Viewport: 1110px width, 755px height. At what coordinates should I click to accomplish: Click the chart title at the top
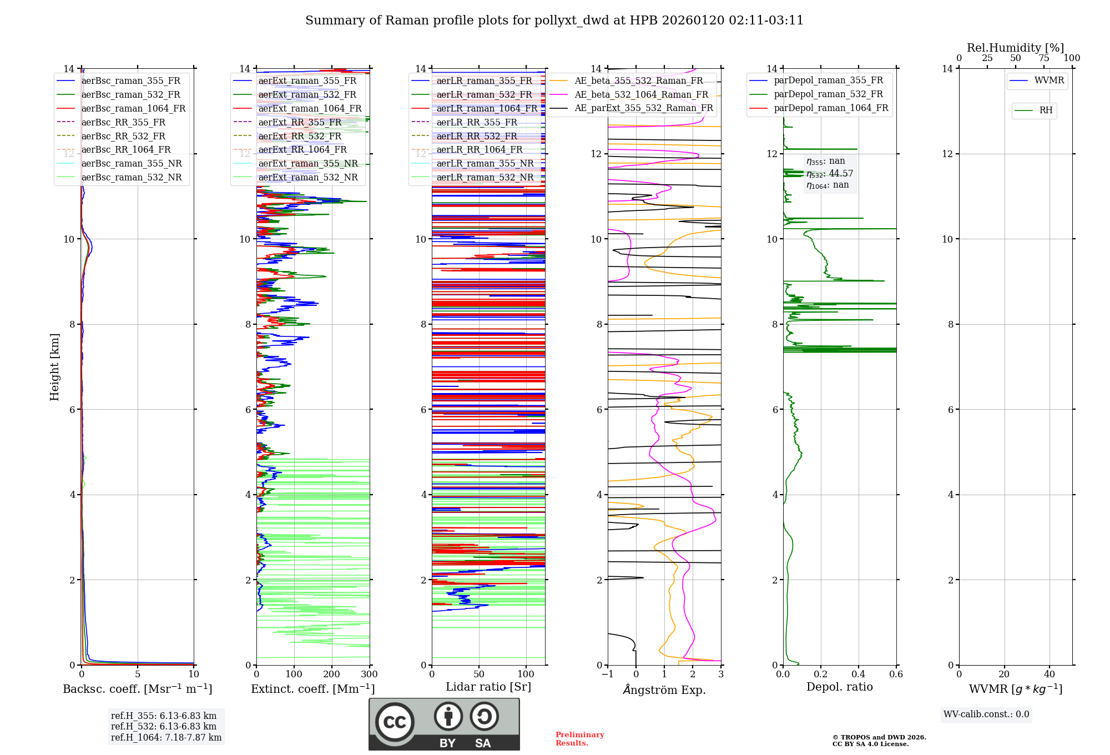pos(554,21)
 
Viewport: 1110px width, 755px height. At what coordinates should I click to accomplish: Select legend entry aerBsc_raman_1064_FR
pos(133,108)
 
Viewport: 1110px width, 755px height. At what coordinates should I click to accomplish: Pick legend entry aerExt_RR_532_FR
pos(300,136)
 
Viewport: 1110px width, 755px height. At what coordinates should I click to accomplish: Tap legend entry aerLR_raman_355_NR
pos(485,163)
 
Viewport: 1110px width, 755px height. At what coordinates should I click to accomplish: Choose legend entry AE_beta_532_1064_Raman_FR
pos(641,94)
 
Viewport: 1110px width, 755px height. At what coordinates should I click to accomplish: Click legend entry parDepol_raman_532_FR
pos(828,94)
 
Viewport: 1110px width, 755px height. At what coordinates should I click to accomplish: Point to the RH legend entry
pos(1046,110)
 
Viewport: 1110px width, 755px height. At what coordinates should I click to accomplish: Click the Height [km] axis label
pos(54,366)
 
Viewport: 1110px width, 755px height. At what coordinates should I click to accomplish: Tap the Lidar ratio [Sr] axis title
pos(488,687)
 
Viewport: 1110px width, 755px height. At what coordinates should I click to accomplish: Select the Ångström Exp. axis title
pos(664,689)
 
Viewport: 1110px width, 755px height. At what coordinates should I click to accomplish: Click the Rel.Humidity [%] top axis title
pos(1015,48)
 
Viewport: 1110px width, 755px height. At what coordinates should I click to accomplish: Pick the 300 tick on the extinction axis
pos(369,675)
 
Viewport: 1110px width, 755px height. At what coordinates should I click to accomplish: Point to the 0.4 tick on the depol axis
pos(859,675)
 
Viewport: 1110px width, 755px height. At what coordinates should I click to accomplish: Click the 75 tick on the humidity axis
pos(1044,58)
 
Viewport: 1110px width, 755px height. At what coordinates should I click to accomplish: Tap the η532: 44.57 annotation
pos(830,174)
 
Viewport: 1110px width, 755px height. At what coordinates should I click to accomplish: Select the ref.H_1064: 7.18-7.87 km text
pos(166,737)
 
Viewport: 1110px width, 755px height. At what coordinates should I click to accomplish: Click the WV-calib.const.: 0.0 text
pos(986,714)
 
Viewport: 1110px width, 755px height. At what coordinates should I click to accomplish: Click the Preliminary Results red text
pos(579,738)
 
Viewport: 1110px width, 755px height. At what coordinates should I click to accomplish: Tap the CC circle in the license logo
pos(395,722)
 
